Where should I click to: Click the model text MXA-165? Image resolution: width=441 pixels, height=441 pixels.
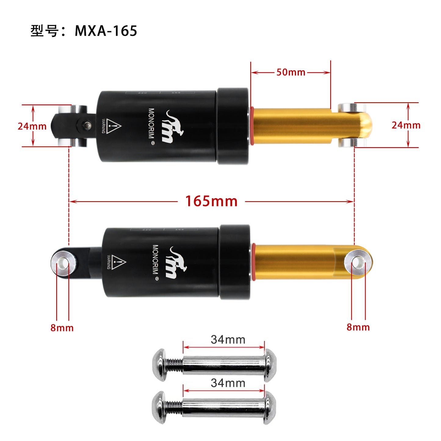point(106,31)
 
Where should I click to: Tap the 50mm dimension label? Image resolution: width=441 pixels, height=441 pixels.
point(291,72)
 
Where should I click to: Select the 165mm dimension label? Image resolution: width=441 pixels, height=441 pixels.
point(211,201)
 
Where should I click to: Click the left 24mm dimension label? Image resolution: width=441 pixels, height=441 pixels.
point(32,126)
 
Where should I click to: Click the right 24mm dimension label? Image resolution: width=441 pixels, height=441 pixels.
point(406,125)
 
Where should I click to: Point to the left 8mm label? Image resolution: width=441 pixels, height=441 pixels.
point(62,328)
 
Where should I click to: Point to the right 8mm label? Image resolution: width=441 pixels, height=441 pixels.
point(358,327)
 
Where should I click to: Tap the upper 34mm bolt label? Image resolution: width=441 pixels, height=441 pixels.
point(228,339)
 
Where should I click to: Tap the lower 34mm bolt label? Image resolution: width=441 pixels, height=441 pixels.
point(228,383)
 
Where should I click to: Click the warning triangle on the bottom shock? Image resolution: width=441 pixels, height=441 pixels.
point(118,262)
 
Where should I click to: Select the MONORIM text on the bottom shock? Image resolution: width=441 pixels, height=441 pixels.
point(155,262)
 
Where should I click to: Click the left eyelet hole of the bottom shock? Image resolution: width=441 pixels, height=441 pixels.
point(63,263)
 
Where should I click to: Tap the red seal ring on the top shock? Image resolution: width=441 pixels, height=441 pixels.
point(252,126)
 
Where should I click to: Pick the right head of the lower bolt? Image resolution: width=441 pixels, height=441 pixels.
point(270,408)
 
